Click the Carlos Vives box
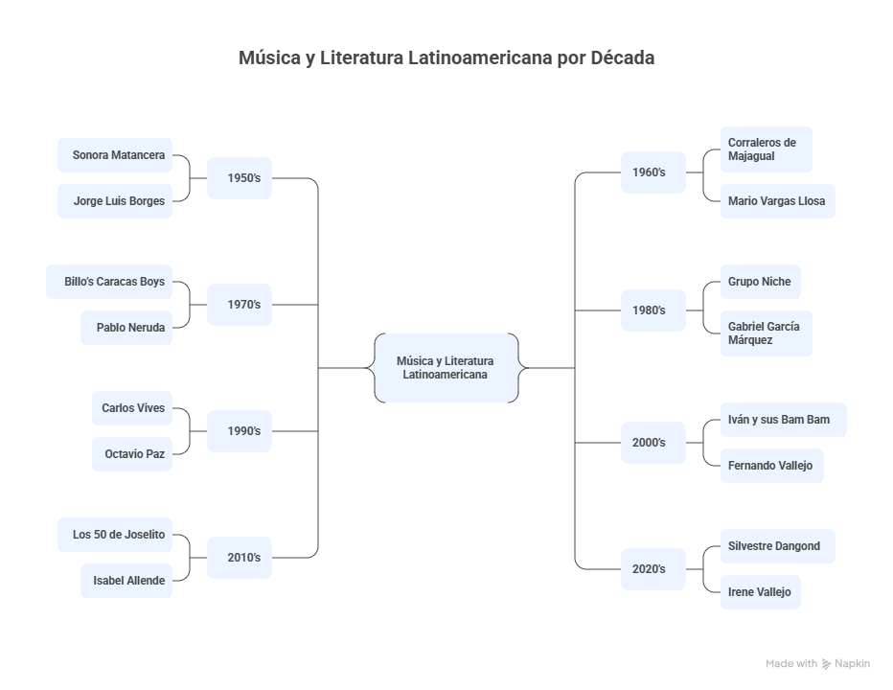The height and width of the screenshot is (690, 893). click(x=132, y=408)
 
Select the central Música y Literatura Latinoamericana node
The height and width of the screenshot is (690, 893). click(x=446, y=368)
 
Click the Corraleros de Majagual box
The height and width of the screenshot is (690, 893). click(x=766, y=149)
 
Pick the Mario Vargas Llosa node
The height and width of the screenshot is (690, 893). click(x=777, y=201)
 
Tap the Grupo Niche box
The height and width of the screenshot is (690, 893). click(x=760, y=282)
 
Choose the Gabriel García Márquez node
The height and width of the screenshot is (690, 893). click(x=766, y=333)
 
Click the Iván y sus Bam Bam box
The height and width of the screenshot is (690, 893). click(x=783, y=420)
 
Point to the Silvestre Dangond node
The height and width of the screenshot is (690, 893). click(x=777, y=546)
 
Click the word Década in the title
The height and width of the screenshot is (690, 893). click(x=622, y=57)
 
